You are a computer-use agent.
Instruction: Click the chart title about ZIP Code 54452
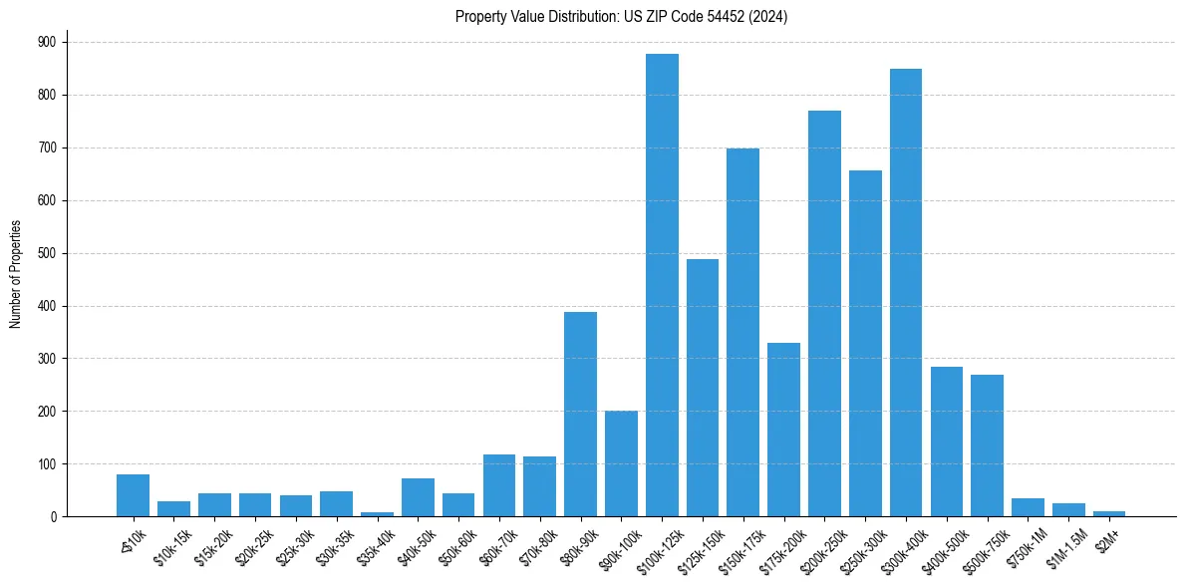click(621, 17)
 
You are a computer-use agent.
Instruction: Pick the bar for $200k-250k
click(824, 313)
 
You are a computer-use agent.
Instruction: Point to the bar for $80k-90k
click(580, 414)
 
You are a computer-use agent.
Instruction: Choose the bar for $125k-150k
click(703, 388)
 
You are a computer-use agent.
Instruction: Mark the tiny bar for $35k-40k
click(377, 514)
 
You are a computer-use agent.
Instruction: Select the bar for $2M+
click(1109, 514)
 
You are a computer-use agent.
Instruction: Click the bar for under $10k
click(133, 495)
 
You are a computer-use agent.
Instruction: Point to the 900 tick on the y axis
click(47, 42)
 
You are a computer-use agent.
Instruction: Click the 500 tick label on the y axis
click(47, 253)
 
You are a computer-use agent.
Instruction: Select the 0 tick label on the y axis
click(53, 517)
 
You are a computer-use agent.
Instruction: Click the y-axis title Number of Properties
click(15, 274)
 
